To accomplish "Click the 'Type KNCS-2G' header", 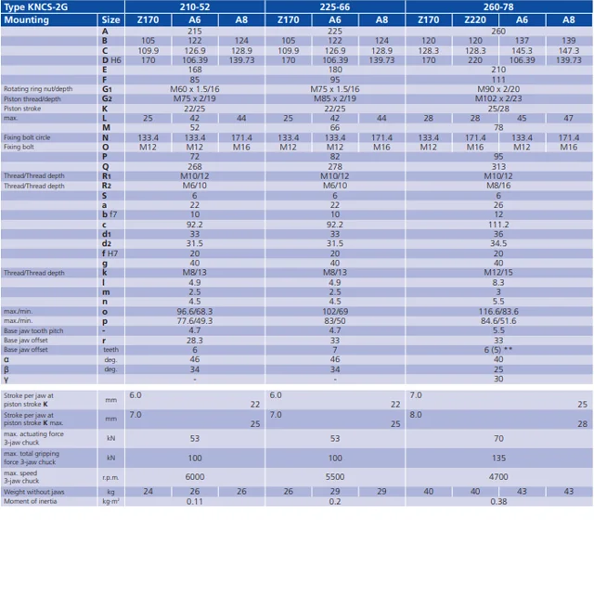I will pos(35,6).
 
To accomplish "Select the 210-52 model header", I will pos(195,6).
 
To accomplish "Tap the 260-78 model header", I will pos(498,6).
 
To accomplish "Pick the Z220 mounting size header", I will pos(475,19).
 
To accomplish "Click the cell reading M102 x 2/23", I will pos(498,99).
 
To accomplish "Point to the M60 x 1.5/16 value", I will pos(195,89).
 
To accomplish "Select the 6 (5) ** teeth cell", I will pos(498,350).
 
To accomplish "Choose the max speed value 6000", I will pos(195,474).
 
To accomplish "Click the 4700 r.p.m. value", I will pos(498,474).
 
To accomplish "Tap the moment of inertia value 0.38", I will pos(498,502).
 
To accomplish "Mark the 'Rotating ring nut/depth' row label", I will pos(38,89).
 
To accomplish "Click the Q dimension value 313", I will pos(498,167).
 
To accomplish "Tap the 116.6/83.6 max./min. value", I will pos(498,311).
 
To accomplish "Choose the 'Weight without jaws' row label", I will pos(35,491).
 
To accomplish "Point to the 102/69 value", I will pos(335,311).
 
